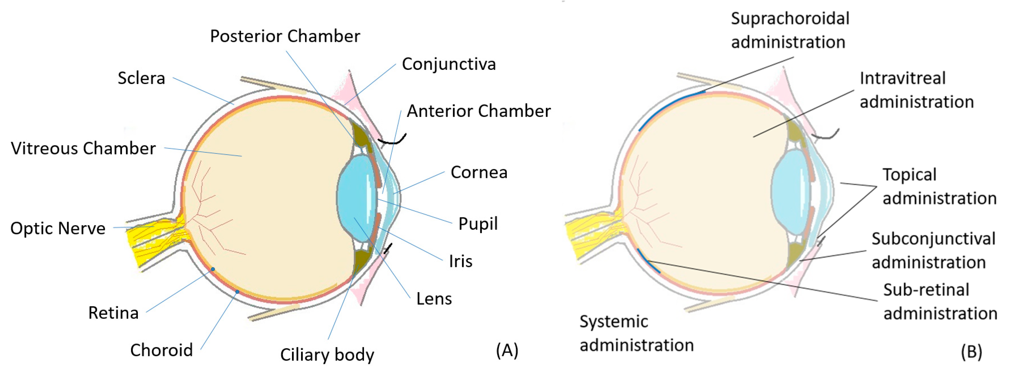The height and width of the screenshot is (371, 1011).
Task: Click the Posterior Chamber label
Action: pyautogui.click(x=285, y=36)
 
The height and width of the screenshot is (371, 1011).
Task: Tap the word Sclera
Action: pyautogui.click(x=141, y=78)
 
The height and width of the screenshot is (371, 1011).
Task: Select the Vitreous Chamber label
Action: pyautogui.click(x=83, y=148)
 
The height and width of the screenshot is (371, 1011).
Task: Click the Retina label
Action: pyautogui.click(x=114, y=313)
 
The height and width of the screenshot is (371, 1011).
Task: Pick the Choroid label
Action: pyautogui.click(x=161, y=350)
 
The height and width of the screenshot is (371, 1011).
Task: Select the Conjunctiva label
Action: pyautogui.click(x=449, y=64)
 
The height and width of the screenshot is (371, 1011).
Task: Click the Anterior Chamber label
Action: pyautogui.click(x=478, y=111)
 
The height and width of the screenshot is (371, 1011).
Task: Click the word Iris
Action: pyautogui.click(x=460, y=261)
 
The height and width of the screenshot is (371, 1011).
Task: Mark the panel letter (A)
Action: pyautogui.click(x=507, y=350)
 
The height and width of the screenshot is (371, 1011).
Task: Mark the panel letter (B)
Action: pyautogui.click(x=971, y=351)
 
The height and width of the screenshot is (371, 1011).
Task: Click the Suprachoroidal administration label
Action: pyautogui.click(x=790, y=30)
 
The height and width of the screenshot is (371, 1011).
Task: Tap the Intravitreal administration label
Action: pyautogui.click(x=916, y=90)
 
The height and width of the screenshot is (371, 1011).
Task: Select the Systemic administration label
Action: pyautogui.click(x=636, y=333)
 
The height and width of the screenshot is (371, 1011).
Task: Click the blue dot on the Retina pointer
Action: pyautogui.click(x=213, y=269)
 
